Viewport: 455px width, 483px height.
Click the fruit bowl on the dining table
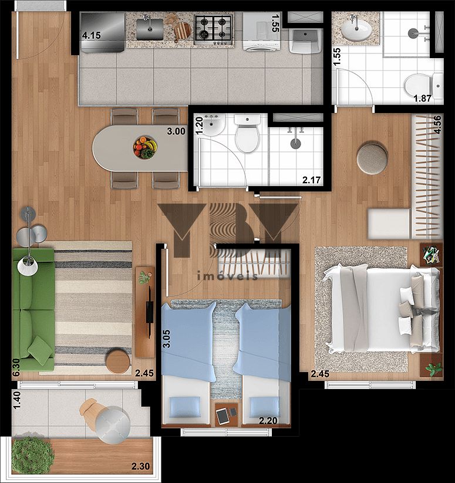145,147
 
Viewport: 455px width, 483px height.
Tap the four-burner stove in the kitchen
213,29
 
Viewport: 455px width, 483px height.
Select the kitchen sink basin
150,29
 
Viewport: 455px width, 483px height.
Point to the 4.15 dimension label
92,35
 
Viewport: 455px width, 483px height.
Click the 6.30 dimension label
16,367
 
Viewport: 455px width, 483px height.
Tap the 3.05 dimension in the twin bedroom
166,339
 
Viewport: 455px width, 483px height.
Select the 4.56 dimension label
437,124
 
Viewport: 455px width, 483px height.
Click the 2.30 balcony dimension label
141,467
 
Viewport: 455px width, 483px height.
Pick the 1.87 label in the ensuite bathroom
422,99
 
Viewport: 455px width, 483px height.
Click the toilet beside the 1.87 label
423,84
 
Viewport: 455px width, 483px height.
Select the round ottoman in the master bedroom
372,158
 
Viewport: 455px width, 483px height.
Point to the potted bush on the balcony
32,455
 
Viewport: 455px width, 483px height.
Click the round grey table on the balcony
113,425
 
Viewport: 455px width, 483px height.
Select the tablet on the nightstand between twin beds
222,416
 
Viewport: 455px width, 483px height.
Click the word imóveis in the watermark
227,276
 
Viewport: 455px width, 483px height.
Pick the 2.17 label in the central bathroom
311,180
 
